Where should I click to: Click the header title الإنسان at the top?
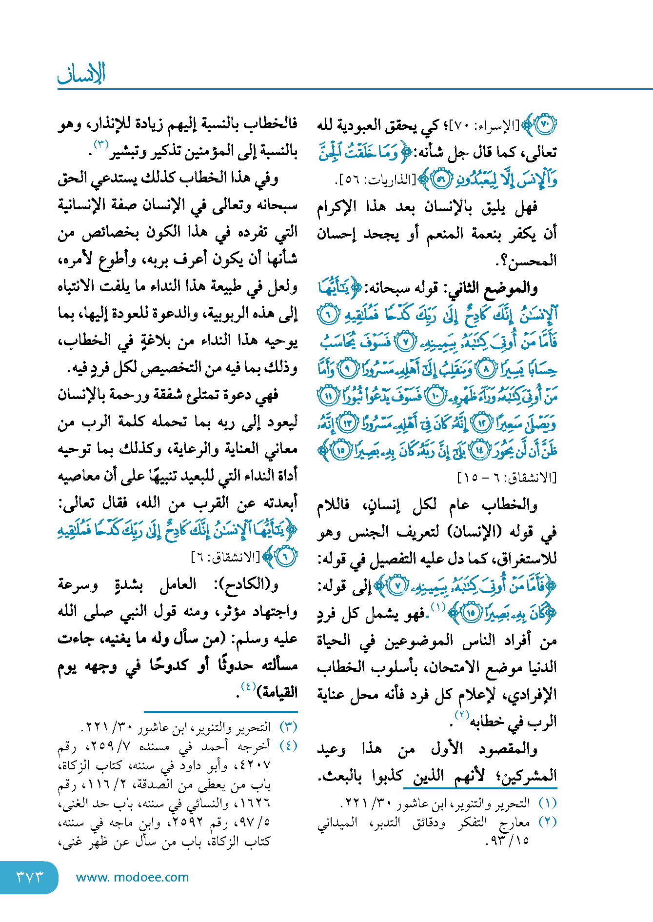tap(81, 74)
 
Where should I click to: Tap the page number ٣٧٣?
tap(29, 877)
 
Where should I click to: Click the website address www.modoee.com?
tap(133, 877)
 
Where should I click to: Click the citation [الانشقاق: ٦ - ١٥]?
tap(507, 478)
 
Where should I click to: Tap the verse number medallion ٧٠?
tap(545, 125)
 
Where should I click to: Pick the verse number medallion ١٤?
tap(480, 450)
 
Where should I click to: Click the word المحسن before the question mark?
tap(532, 261)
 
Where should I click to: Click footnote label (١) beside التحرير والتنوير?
tap(548, 803)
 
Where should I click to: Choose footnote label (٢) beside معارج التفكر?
tap(548, 822)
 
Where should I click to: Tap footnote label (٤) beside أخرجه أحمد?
tap(288, 746)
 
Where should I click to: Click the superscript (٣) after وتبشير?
tap(100, 144)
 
